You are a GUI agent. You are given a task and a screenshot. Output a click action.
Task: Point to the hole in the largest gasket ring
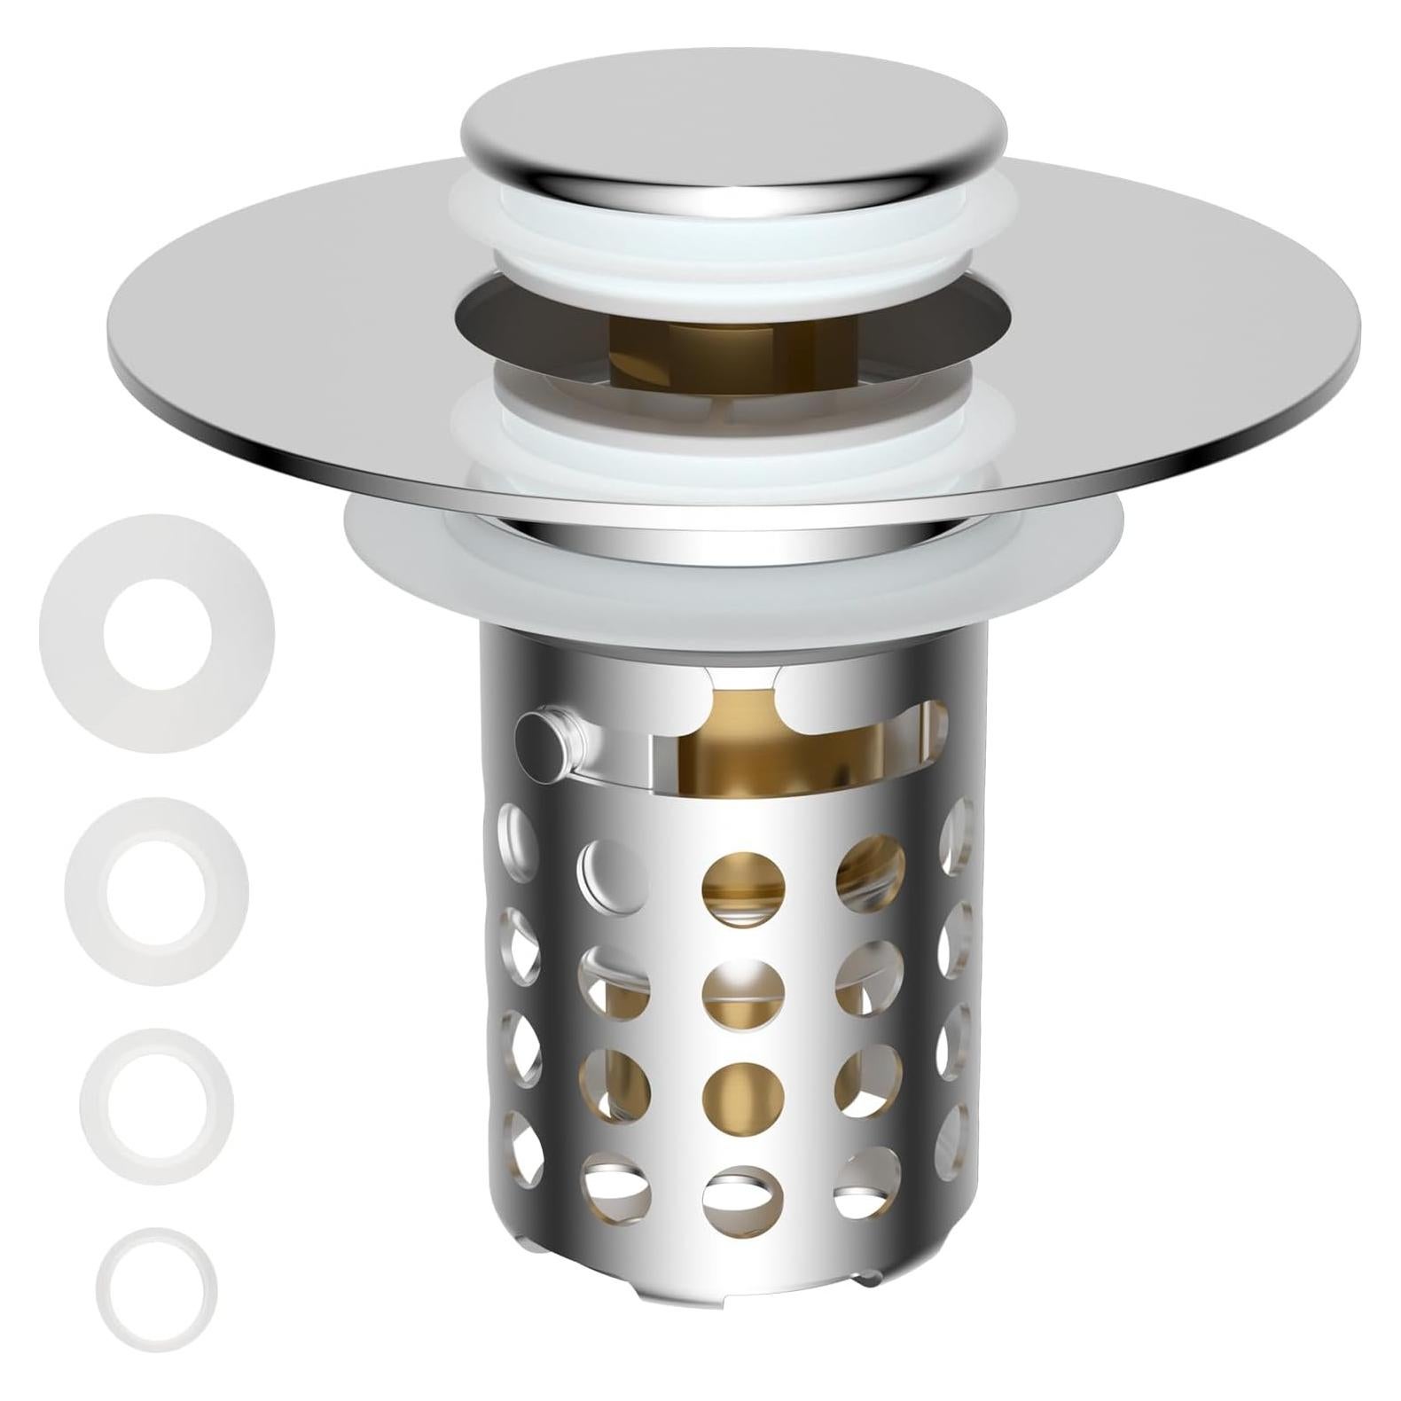click(x=157, y=633)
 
